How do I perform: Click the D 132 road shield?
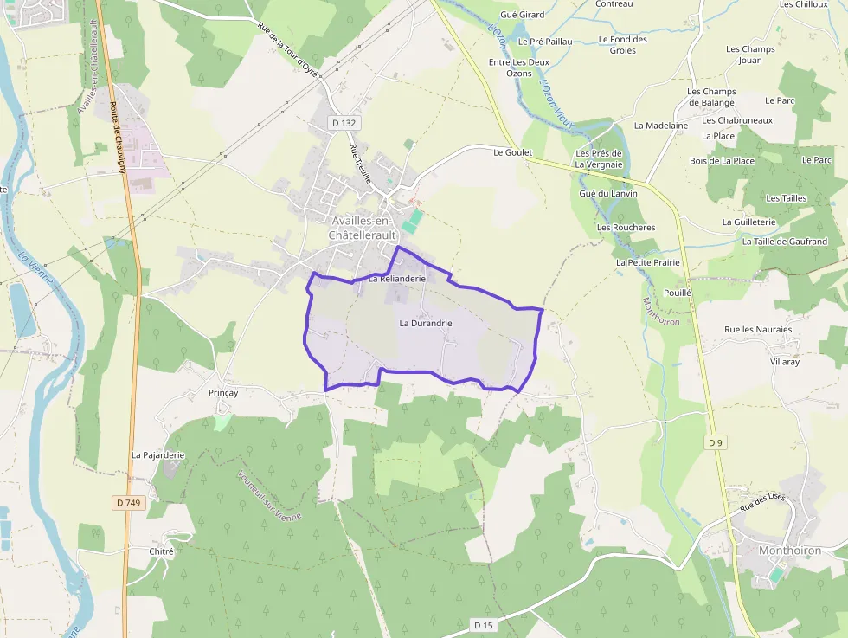344,123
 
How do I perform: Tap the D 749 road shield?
127,502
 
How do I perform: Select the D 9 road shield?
715,442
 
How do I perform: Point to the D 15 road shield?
483,624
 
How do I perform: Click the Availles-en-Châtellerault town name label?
362,228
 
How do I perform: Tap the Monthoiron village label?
789,551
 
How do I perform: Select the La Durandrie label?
426,323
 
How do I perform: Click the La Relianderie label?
397,279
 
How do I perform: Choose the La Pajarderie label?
158,454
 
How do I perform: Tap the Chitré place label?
162,551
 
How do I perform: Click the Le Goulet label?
511,151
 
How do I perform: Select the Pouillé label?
678,293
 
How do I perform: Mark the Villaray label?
785,362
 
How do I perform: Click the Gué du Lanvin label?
608,193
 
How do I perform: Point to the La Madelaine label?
661,126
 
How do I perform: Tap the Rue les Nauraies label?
758,330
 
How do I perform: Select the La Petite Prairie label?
648,262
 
